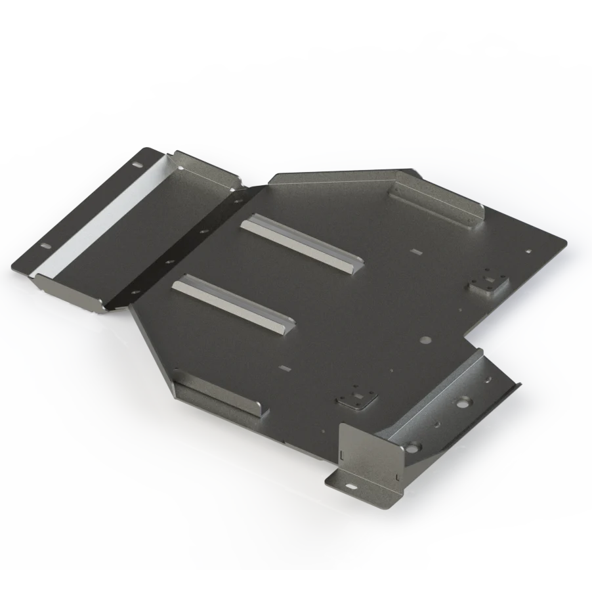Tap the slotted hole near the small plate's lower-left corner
click(x=45, y=246)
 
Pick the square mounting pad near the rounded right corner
click(x=488, y=282)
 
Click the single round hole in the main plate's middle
click(x=425, y=341)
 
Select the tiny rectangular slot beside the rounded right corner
click(x=529, y=250)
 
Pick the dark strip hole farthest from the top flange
click(x=135, y=291)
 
